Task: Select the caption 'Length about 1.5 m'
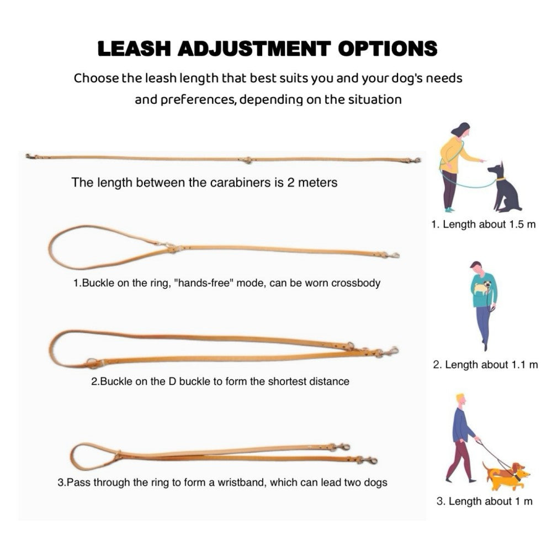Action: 484,225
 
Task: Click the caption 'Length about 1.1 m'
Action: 485,365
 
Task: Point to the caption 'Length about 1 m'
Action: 485,501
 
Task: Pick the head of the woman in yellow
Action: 461,130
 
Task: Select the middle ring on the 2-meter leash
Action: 248,160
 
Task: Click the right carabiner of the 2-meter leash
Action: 413,161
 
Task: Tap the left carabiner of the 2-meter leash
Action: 31,157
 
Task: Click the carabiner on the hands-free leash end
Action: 391,255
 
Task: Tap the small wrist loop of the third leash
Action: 91,455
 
